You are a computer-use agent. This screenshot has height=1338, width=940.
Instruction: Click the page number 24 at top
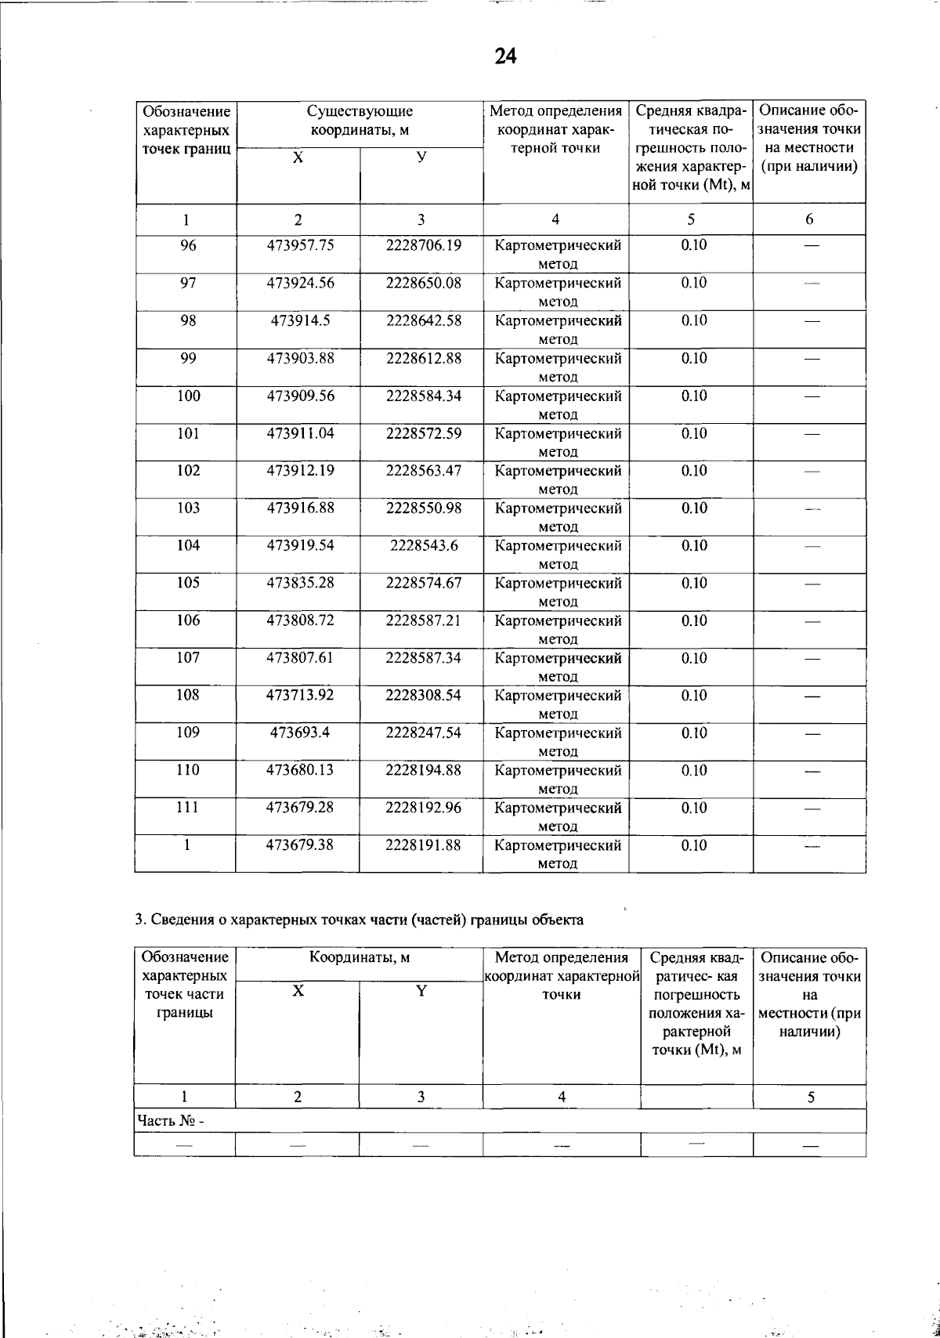coord(506,56)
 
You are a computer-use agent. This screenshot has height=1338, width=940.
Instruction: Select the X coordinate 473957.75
coord(300,245)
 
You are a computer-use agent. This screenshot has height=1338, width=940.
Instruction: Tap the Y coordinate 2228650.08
coord(423,283)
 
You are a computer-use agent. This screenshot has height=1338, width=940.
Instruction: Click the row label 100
coord(188,396)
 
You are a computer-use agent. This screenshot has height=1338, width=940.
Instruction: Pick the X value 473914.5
coord(300,320)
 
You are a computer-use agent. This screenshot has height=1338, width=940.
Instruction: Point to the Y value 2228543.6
coord(423,545)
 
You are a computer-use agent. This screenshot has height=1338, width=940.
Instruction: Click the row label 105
coord(188,583)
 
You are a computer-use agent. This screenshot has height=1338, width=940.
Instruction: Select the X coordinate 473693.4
coord(300,732)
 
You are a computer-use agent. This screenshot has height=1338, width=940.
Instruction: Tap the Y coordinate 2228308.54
coord(423,695)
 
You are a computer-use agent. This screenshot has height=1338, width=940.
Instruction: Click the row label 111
coord(188,808)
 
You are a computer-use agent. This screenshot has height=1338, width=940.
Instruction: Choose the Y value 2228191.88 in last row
coord(423,845)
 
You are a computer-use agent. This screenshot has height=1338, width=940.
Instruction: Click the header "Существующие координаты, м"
coord(360,121)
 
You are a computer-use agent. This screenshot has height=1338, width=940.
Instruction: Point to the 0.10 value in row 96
coord(693,245)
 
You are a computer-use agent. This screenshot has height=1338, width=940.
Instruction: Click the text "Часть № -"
coord(170,1121)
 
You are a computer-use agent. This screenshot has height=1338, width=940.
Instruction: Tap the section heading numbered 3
coord(359,920)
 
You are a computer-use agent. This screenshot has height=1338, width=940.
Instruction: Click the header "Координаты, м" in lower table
coord(360,957)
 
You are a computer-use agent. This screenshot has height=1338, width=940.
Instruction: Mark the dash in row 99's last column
coord(811,360)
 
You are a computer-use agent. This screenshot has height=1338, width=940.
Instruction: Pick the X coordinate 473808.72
coord(300,620)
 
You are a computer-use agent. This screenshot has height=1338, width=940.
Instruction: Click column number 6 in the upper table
coord(809,220)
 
